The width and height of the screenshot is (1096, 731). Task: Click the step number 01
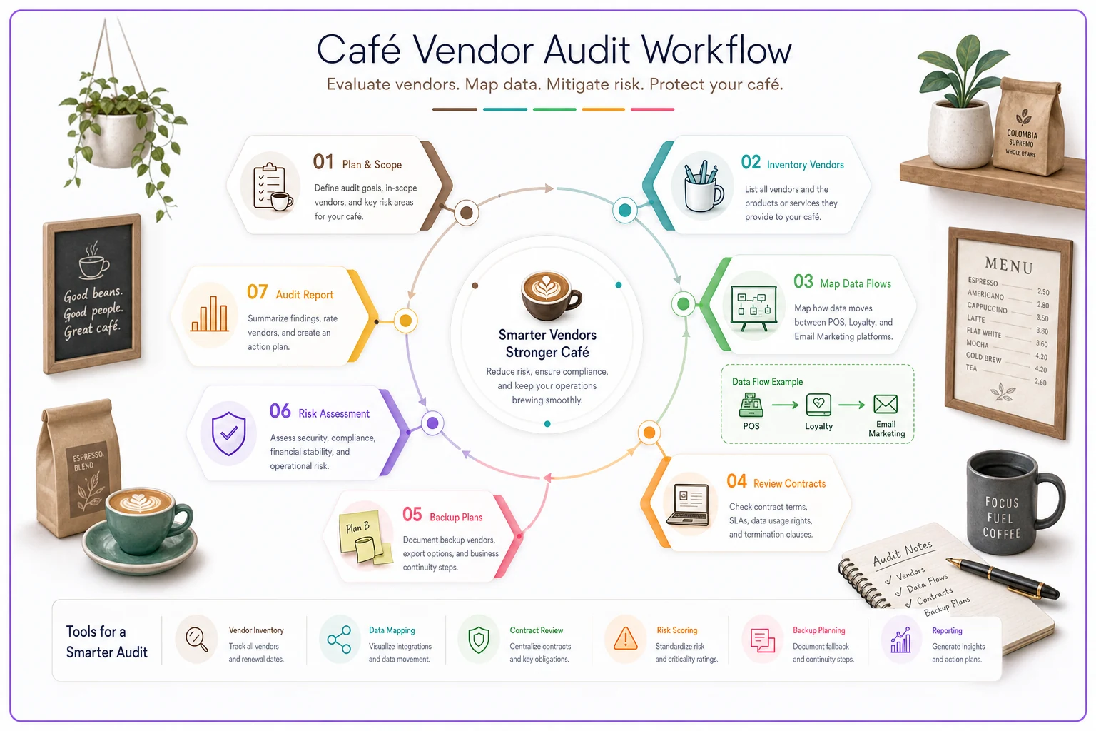[x=323, y=162]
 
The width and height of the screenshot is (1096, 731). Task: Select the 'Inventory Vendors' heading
[x=805, y=164]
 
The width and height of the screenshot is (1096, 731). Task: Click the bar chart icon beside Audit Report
[x=209, y=314]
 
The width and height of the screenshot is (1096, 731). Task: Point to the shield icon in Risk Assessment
[x=228, y=433]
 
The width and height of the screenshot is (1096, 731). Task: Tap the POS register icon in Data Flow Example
[x=751, y=405]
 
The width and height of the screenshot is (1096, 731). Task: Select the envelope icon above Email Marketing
[x=886, y=405]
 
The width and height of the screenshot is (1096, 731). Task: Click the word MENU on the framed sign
[x=1009, y=265]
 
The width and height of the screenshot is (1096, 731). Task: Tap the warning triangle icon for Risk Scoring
[x=625, y=640]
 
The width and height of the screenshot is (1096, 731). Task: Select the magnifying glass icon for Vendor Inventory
[x=197, y=640]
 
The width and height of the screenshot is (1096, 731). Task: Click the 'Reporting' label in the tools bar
[x=947, y=630]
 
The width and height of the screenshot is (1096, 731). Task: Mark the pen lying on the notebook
[x=1002, y=578]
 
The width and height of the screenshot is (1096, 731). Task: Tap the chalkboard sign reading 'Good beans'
[x=92, y=293]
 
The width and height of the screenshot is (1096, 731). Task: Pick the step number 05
[x=412, y=515]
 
